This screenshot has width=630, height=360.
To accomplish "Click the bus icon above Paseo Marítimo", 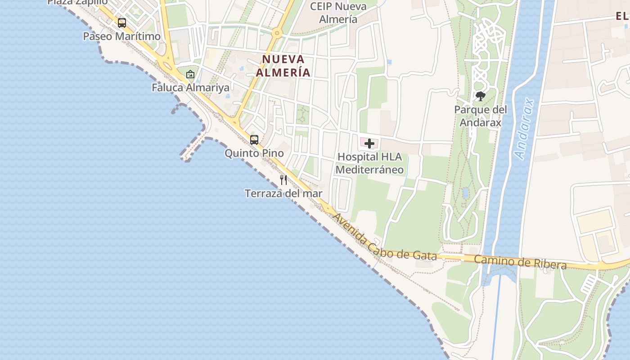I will tap(122, 22).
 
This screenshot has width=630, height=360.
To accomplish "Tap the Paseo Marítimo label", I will tap(122, 36).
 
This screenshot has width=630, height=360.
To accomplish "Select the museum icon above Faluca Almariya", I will tap(190, 74).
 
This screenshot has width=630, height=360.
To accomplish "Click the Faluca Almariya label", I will tap(190, 87).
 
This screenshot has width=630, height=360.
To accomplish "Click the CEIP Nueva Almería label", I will tap(338, 13).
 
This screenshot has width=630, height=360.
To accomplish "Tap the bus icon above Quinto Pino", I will tap(254, 140).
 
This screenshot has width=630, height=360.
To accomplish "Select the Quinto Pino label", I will tap(254, 153).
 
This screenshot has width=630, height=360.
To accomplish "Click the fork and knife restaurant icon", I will tap(283, 180).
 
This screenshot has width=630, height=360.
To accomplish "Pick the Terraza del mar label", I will tap(283, 193).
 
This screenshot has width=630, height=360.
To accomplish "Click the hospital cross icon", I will tap(369, 144).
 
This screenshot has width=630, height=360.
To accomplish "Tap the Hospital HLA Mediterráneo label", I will tap(369, 163).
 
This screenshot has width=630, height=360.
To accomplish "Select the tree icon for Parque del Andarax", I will tap(481, 96).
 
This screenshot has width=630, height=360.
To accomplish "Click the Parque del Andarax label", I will tap(481, 116).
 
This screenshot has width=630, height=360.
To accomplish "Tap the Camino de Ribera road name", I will tap(520, 261).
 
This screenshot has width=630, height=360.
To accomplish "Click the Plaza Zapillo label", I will tap(77, 2).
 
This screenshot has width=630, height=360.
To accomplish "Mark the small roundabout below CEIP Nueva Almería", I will tap(277, 33).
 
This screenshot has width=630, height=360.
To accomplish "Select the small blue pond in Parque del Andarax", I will tap(465, 193).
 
